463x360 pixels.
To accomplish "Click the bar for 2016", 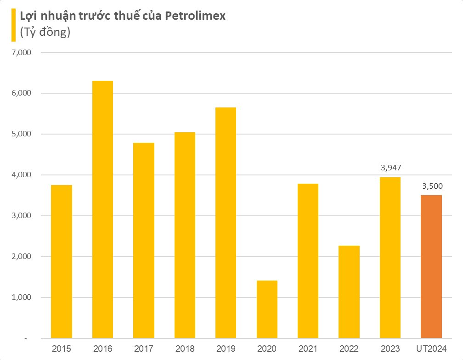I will [102, 209].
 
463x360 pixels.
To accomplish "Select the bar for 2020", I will [267, 309].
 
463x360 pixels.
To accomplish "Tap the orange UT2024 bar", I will [431, 266].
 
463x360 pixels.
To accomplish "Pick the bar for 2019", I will [226, 223].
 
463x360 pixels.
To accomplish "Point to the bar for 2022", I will [349, 292].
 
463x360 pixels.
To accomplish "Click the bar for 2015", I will [62, 261].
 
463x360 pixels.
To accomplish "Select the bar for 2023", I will [390, 258].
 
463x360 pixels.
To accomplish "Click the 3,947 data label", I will [390, 168].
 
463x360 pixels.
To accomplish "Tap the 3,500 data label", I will [431, 186].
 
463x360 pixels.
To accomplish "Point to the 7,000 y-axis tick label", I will [21, 52].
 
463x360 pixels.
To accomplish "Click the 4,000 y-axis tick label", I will [21, 175].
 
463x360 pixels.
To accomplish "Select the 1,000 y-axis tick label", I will [21, 298].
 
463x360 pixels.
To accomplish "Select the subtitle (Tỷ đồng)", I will [45, 33].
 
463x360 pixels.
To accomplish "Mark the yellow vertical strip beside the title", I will [13, 24].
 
